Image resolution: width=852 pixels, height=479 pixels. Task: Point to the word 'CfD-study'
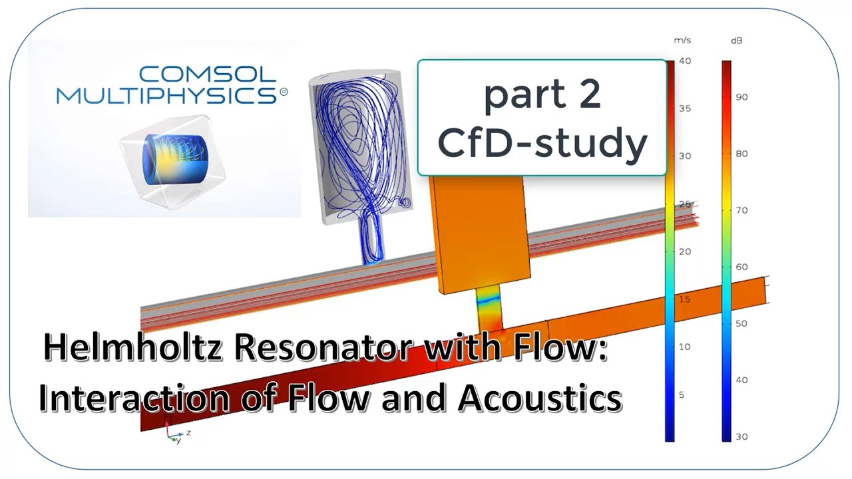542,142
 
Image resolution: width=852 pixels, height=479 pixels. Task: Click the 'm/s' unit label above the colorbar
682,41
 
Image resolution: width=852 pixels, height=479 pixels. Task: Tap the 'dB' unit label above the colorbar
737,41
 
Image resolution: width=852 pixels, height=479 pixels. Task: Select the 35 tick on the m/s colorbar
684,108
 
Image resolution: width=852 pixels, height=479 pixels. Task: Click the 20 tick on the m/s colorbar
684,251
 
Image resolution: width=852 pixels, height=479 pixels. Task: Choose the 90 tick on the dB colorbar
741,97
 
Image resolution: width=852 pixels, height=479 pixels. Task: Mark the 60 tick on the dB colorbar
741,267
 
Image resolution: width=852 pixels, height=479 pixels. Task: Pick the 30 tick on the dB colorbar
741,436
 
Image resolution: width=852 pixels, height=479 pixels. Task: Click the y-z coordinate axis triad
176,436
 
